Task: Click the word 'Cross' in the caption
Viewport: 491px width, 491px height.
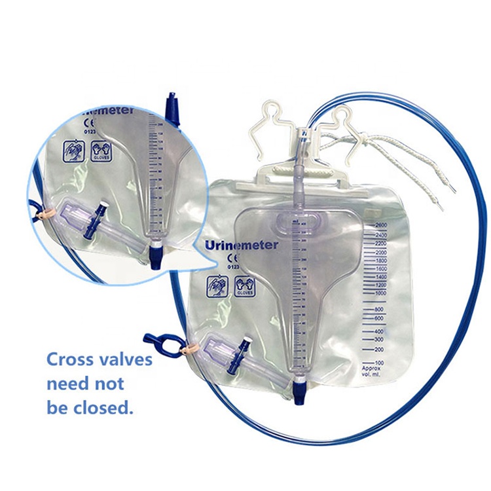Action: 71,359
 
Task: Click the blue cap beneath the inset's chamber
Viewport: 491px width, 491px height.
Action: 156,257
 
